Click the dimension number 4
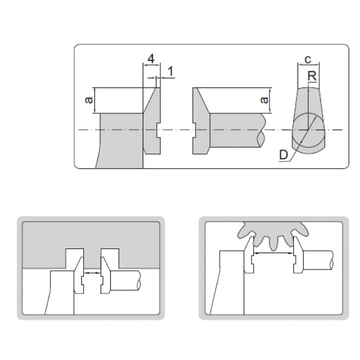(151, 59)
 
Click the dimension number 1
(170, 71)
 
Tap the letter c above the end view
(308, 59)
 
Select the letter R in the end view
(312, 76)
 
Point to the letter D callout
(284, 155)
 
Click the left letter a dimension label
(89, 100)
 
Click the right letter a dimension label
(265, 100)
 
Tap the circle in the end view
(308, 130)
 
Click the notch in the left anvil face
(158, 130)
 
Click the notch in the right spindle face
(194, 130)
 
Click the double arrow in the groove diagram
(92, 273)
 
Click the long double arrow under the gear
(274, 253)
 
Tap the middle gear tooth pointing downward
(273, 244)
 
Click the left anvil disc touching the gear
(249, 254)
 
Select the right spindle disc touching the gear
(298, 254)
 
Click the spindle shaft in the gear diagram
(318, 260)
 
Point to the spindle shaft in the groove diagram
(125, 281)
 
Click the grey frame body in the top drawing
(121, 140)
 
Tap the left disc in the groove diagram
(79, 275)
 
